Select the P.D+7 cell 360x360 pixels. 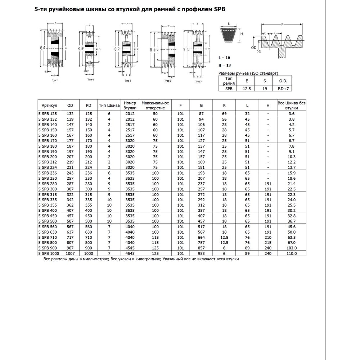click(283, 88)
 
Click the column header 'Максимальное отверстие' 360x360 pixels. click(155, 105)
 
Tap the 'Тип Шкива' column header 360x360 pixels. click(109, 105)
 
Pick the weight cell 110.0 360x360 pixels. click(292, 253)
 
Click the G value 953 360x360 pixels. click(201, 253)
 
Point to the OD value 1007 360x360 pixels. click(70, 253)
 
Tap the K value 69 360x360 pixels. click(224, 113)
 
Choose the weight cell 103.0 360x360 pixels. click(292, 248)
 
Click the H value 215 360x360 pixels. click(267, 243)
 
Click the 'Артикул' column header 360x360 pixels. click(49, 105)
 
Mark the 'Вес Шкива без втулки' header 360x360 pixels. click(292, 105)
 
